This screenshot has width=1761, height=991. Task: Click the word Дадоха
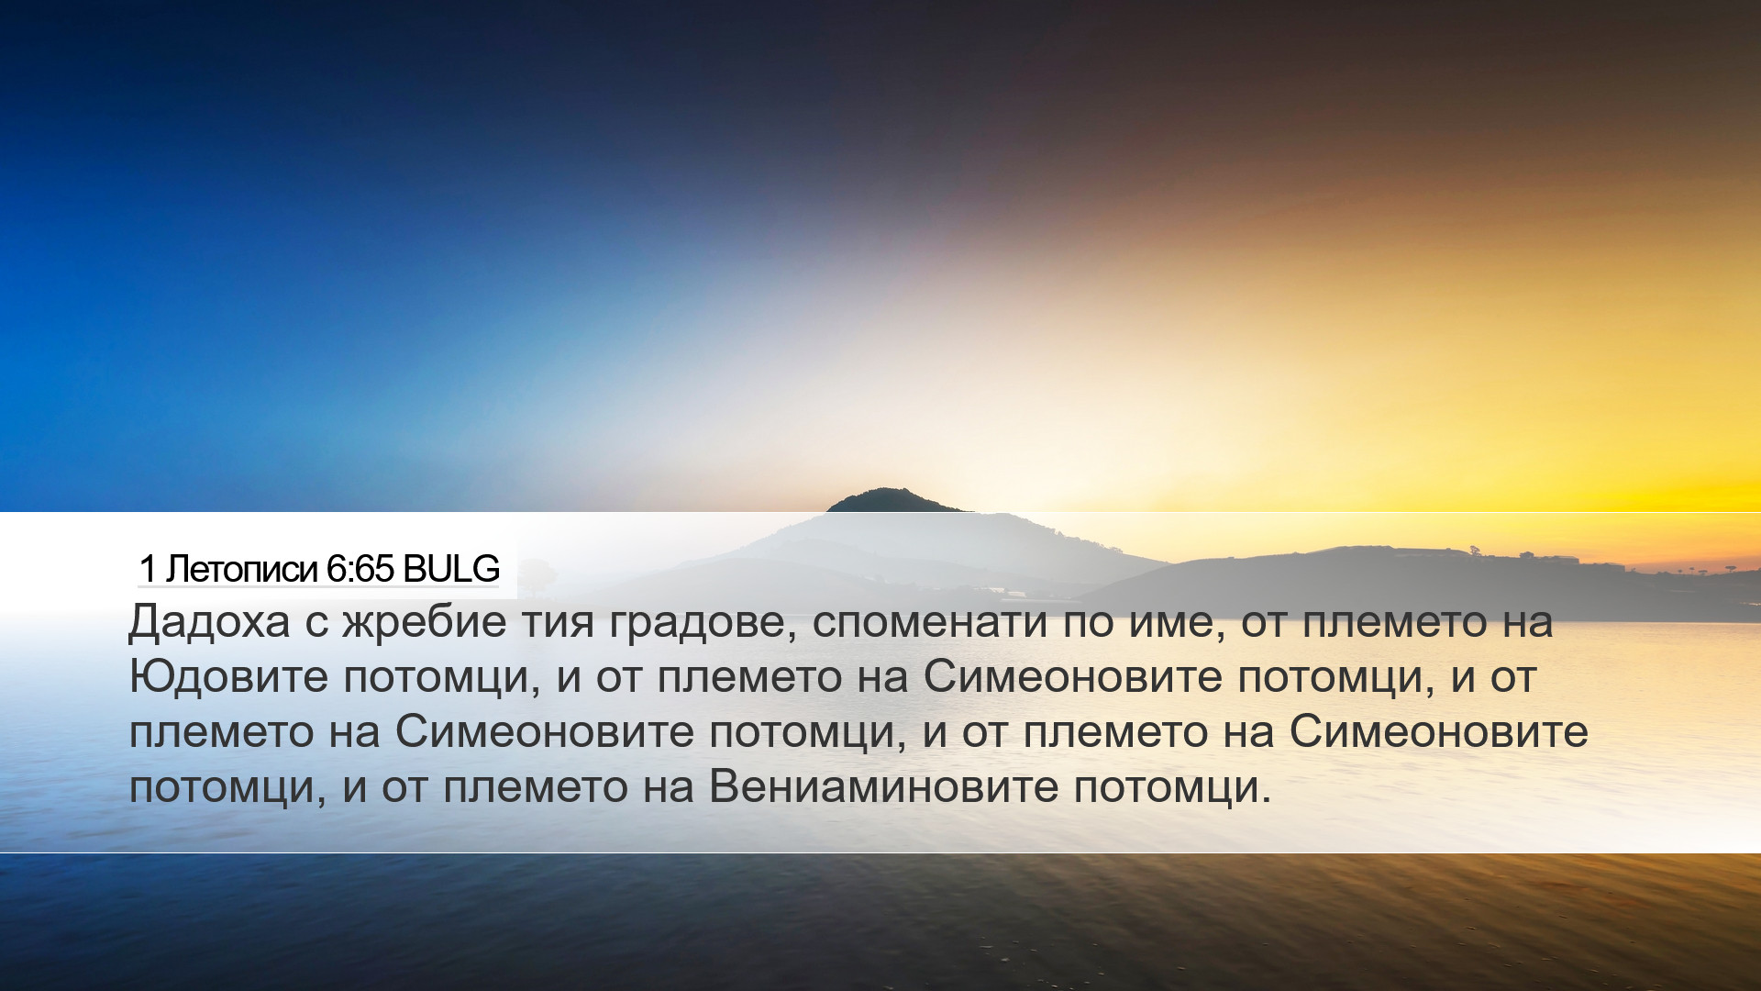coord(209,623)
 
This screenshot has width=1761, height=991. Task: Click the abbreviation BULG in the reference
coord(451,569)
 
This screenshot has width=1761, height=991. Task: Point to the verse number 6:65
coord(360,570)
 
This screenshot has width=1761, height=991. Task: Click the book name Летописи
coord(241,570)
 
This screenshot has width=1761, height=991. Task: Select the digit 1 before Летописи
coord(148,570)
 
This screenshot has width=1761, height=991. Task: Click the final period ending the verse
coord(1267,800)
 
